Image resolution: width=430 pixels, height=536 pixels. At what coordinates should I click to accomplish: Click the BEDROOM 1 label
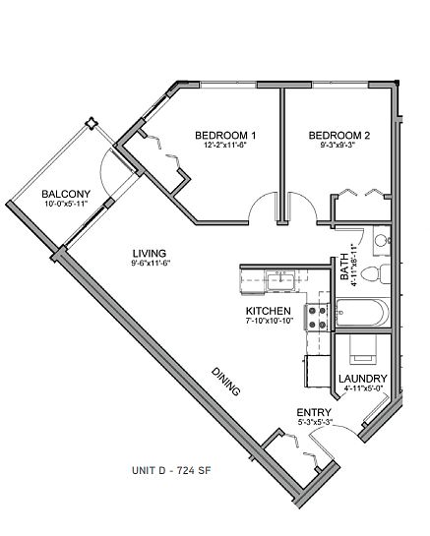pos(225,136)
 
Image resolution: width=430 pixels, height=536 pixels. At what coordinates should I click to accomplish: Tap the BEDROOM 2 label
pos(339,136)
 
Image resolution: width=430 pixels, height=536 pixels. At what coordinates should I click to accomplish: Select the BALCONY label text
pos(66,194)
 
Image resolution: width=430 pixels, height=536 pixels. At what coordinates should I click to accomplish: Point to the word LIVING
pos(150,254)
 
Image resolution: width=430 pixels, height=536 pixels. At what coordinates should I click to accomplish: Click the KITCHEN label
pos(269,311)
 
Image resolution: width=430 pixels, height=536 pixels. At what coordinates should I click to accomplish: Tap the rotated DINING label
pos(225,382)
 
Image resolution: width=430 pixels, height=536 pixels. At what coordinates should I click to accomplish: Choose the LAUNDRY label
pos(363,379)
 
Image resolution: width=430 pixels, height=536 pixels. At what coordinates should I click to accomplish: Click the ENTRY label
pos(314,413)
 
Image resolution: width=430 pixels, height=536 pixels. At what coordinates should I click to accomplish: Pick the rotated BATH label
pos(344,267)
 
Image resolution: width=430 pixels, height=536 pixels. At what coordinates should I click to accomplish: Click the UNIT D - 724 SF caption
pos(172,470)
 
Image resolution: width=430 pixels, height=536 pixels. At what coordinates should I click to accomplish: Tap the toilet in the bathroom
pos(375,273)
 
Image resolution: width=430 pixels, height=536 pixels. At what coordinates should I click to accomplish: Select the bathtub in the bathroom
pos(363,313)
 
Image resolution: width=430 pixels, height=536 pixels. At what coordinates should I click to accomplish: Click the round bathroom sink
pos(381,240)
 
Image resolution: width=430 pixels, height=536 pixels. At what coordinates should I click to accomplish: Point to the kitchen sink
pos(280,281)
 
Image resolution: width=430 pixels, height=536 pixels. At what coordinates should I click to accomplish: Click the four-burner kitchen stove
pos(317,318)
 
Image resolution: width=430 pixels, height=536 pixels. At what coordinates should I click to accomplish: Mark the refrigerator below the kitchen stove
pos(317,371)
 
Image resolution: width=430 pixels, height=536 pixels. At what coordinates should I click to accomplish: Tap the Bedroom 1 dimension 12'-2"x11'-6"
pos(225,145)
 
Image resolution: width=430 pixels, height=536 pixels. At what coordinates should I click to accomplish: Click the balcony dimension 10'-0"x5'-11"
pos(66,204)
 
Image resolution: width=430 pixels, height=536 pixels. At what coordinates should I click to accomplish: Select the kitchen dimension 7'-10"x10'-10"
pos(270,321)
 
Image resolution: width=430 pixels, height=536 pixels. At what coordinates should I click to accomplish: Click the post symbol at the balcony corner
pos(92,123)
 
